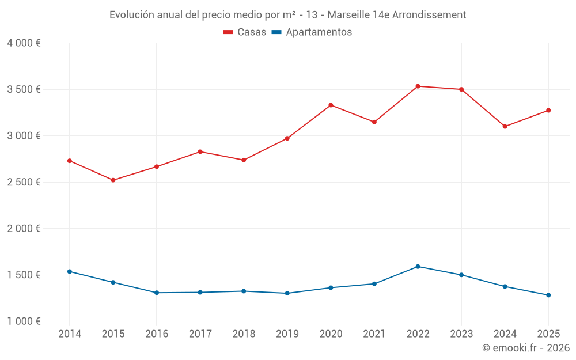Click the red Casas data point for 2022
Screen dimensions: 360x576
pos(418,86)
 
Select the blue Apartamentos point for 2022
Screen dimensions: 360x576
pos(418,267)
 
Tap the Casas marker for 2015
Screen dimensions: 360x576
pos(113,180)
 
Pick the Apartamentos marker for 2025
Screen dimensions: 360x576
pos(548,295)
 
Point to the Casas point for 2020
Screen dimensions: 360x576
pos(331,105)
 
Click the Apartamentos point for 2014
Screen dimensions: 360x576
pos(70,271)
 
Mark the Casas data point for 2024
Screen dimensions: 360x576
pos(505,126)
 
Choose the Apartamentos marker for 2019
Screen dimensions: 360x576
pos(287,293)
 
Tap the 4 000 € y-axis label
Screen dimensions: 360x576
pos(24,43)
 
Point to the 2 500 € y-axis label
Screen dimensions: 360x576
pos(24,182)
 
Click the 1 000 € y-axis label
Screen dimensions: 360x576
pos(24,321)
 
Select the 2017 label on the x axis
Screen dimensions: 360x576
pos(200,334)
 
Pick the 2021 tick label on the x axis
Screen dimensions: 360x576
pos(374,334)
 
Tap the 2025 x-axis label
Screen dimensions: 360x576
pos(548,334)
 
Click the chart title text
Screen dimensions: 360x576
pos(287,15)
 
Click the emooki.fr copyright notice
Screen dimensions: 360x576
pos(525,348)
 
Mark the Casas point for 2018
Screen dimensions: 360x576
pos(244,160)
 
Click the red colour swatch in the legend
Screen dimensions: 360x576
pos(228,32)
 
